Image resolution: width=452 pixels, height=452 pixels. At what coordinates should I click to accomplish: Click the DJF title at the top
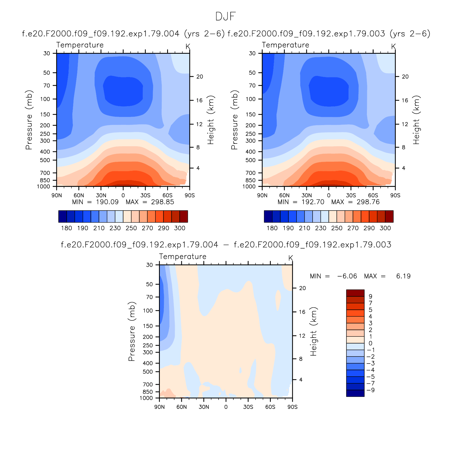click(x=225, y=17)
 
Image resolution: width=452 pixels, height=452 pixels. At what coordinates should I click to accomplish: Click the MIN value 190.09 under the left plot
click(x=107, y=202)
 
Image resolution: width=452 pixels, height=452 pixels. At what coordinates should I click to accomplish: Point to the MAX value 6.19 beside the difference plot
click(x=403, y=276)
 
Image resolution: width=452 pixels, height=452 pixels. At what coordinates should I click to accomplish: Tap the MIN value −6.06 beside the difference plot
click(x=347, y=276)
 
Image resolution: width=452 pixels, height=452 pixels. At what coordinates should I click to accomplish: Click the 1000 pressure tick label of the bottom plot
click(x=146, y=398)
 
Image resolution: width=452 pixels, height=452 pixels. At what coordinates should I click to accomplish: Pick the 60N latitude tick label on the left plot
click(x=79, y=195)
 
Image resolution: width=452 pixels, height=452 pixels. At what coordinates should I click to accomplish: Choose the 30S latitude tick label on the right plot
click(x=351, y=195)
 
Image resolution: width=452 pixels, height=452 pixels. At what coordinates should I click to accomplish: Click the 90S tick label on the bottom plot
click(x=292, y=407)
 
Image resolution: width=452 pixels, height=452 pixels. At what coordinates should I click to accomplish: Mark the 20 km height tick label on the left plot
click(x=200, y=77)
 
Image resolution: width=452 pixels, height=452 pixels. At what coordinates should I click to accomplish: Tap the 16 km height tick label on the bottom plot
click(x=302, y=312)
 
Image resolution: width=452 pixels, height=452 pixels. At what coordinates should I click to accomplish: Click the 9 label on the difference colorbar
click(x=370, y=297)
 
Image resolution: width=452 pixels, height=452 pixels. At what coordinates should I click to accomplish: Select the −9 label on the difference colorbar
click(x=371, y=390)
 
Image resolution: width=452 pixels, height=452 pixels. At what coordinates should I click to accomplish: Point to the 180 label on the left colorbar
click(x=67, y=228)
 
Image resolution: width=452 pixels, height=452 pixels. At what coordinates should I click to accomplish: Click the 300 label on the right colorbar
click(x=385, y=228)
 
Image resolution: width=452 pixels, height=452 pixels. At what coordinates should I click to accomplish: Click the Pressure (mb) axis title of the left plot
click(x=29, y=120)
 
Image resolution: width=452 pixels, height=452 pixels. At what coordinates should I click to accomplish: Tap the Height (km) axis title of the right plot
click(x=416, y=120)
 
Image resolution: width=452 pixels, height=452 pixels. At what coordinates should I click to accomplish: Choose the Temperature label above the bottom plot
click(x=183, y=256)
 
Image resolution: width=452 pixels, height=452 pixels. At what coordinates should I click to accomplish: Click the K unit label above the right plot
click(x=393, y=47)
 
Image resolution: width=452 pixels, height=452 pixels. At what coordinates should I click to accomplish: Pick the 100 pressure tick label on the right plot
click(x=251, y=99)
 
